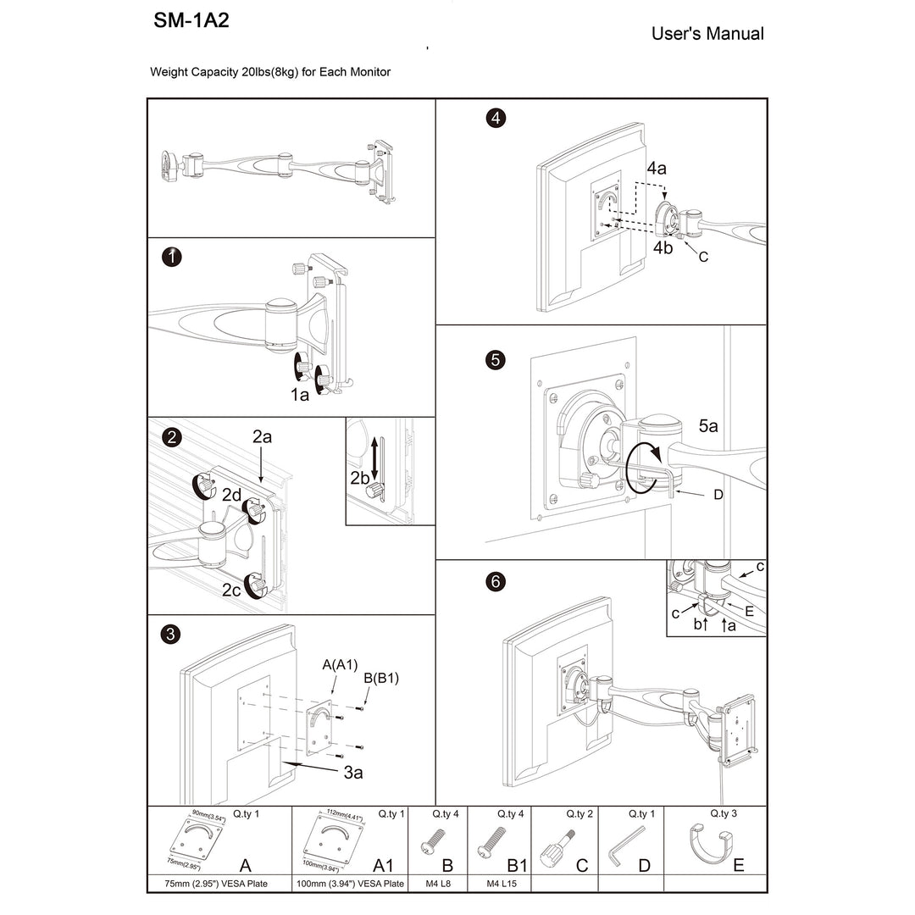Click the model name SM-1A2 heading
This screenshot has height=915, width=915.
pyautogui.click(x=191, y=22)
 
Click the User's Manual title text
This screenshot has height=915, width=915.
pyautogui.click(x=707, y=34)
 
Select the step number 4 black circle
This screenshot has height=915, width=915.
pyautogui.click(x=495, y=118)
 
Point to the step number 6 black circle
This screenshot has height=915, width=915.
pyautogui.click(x=496, y=581)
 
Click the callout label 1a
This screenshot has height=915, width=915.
pyautogui.click(x=299, y=395)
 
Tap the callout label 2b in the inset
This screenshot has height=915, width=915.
pyautogui.click(x=360, y=478)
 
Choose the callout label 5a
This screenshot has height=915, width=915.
pyautogui.click(x=708, y=427)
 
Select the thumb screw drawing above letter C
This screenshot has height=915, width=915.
pyautogui.click(x=563, y=842)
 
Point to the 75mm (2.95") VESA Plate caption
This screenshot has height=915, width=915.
pyautogui.click(x=219, y=884)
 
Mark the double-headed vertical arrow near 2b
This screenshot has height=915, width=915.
pyautogui.click(x=374, y=455)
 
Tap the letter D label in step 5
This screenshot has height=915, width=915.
pyautogui.click(x=718, y=494)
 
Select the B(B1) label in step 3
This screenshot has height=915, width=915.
pyautogui.click(x=380, y=678)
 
